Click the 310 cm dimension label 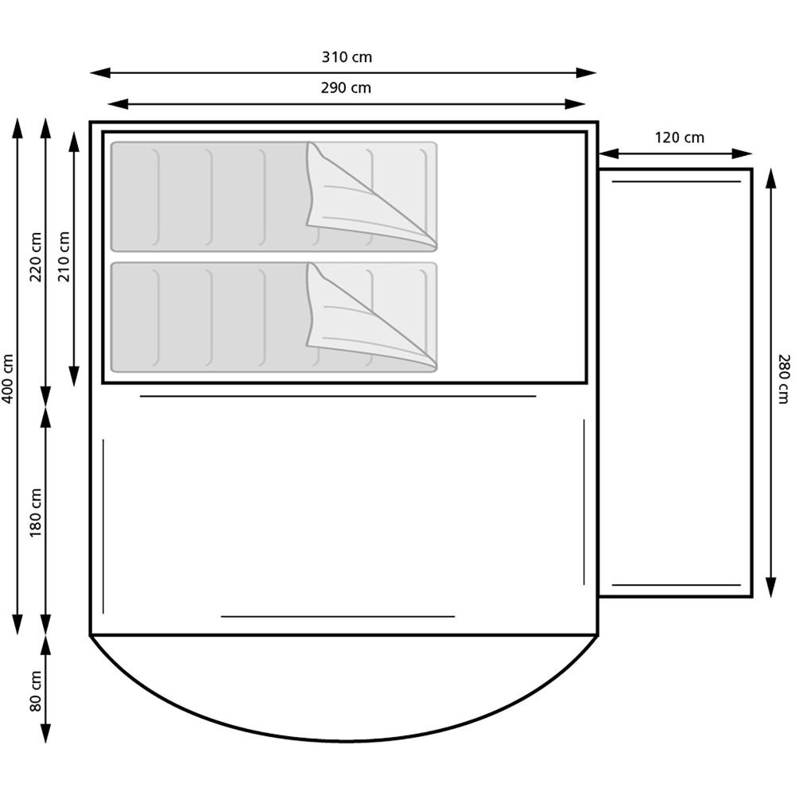[x=347, y=57]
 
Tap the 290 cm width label [x=347, y=88]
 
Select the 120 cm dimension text [x=679, y=138]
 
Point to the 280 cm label [x=783, y=378]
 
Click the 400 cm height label [x=8, y=378]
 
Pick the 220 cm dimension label [x=35, y=258]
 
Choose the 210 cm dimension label [x=64, y=256]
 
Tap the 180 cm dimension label [x=35, y=512]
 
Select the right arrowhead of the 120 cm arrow [x=746, y=153]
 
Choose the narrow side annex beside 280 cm [x=674, y=382]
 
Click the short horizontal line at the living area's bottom [x=338, y=616]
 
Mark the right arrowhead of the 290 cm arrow [x=578, y=104]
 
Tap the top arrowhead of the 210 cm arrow [x=74, y=140]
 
